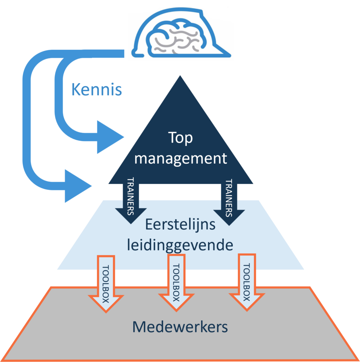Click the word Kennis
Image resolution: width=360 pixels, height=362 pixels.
(x=96, y=90)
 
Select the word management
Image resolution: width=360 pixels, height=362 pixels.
(x=180, y=158)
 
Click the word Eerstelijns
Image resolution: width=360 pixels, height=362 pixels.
(x=180, y=225)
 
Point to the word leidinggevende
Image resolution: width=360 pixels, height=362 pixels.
(x=180, y=245)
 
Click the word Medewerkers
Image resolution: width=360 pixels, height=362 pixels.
(x=180, y=327)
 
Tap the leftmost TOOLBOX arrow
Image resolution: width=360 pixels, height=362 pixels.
(x=105, y=283)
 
